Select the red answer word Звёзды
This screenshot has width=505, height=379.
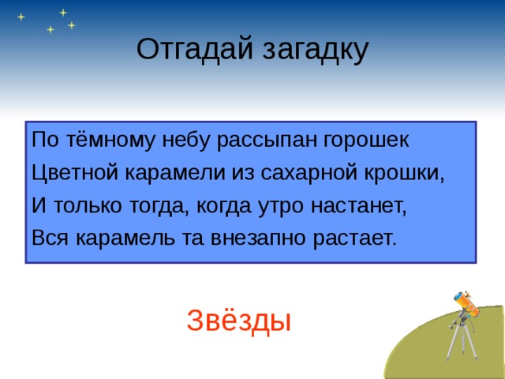tap(239, 320)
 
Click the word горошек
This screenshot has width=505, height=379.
tap(365, 140)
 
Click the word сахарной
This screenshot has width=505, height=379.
tap(313, 172)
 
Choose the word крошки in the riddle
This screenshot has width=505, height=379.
tap(408, 172)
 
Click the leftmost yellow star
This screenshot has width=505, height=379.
tap(21, 17)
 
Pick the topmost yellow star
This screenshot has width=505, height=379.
tap(62, 12)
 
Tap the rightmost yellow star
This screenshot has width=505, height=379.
tap(72, 25)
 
